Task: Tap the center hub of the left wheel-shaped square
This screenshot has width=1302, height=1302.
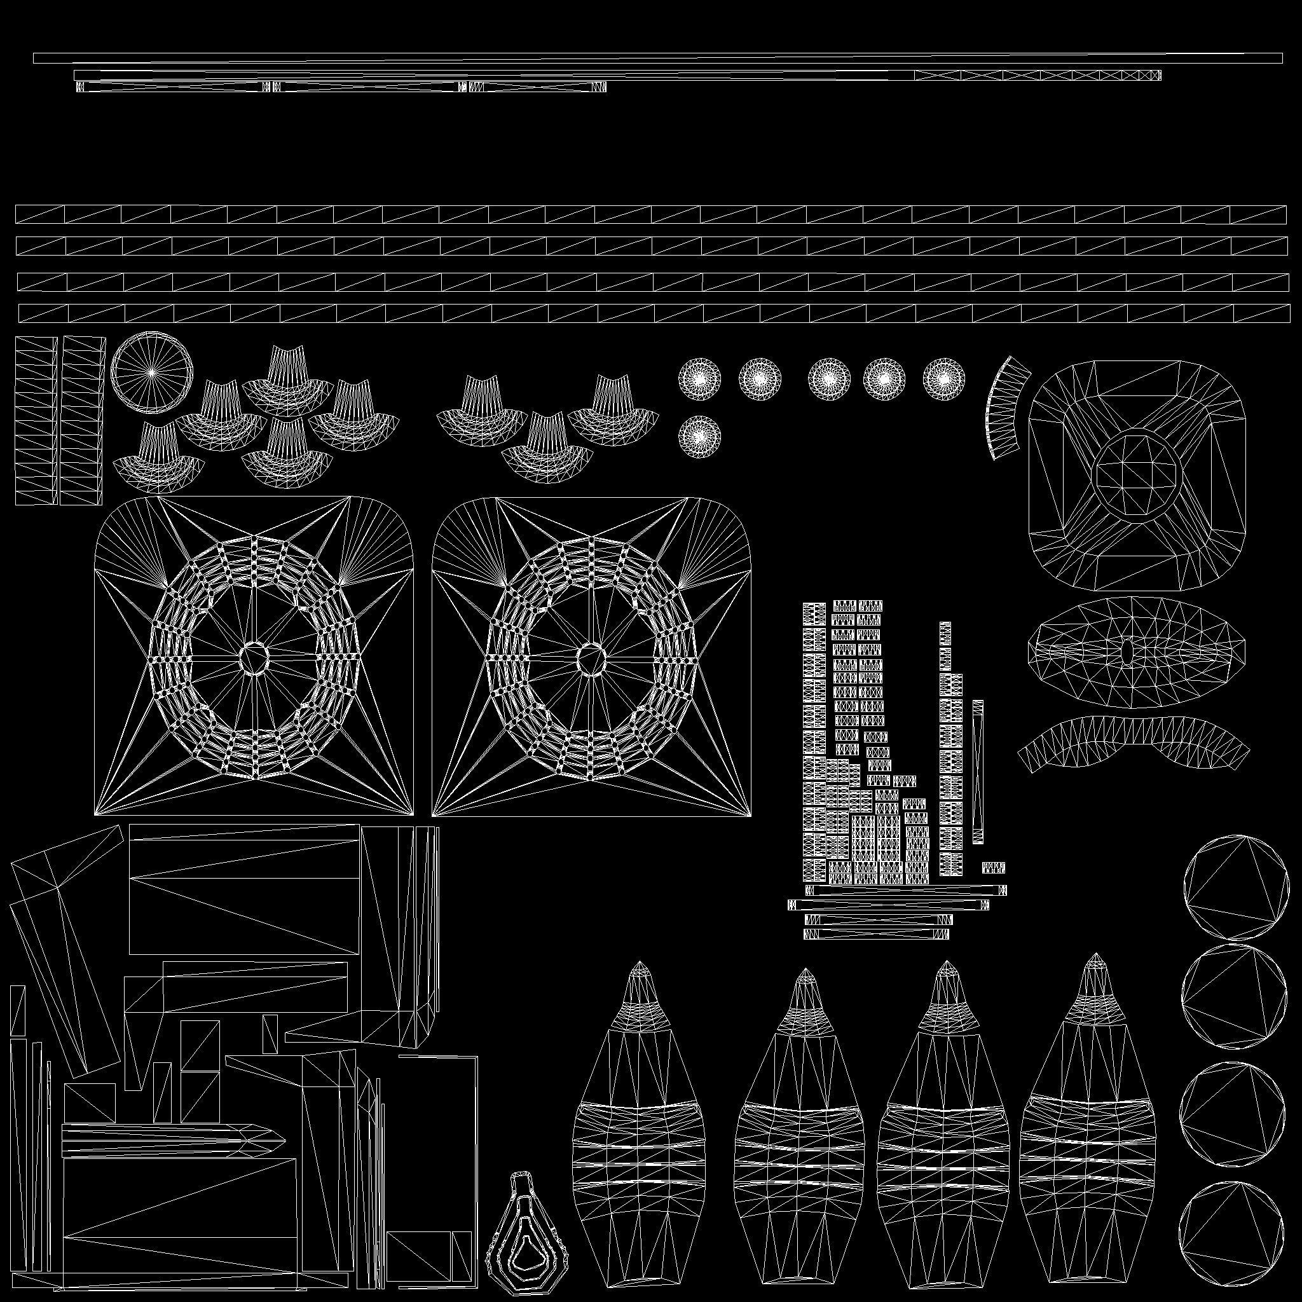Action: [254, 655]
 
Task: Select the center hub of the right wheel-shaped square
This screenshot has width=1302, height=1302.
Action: [591, 655]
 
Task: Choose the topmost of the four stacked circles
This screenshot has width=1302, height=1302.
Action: [1231, 887]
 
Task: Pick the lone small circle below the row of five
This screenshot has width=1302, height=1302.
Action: [699, 437]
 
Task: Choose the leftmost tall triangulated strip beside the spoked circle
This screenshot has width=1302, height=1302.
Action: [36, 420]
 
